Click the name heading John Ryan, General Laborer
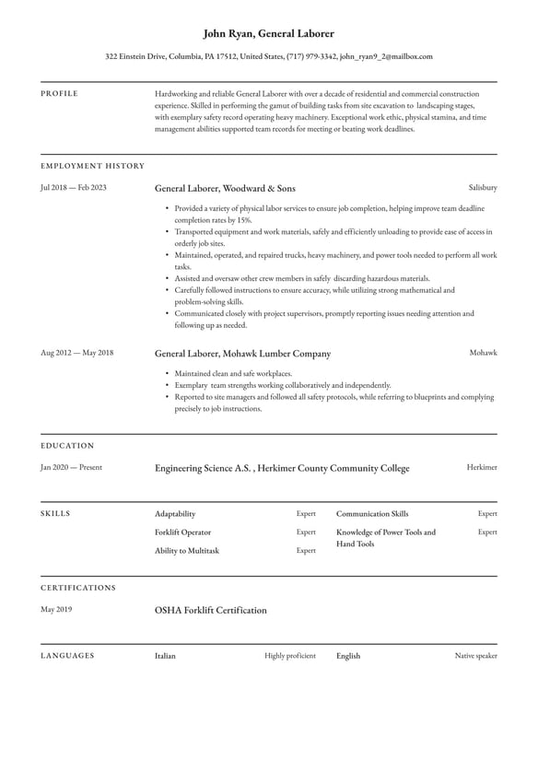268,33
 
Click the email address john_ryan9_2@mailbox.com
386,56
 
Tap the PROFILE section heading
59,94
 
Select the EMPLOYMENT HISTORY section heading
92,166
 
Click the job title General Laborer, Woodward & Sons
225,188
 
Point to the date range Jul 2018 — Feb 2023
74,187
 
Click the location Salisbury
483,187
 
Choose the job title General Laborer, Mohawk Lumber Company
242,354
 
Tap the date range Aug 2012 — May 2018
76,353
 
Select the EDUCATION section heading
67,446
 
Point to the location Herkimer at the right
482,467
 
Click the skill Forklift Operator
182,532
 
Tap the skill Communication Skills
372,514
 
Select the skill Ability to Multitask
187,551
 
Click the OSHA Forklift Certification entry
211,610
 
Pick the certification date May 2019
57,609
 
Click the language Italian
165,656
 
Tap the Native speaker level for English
475,656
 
